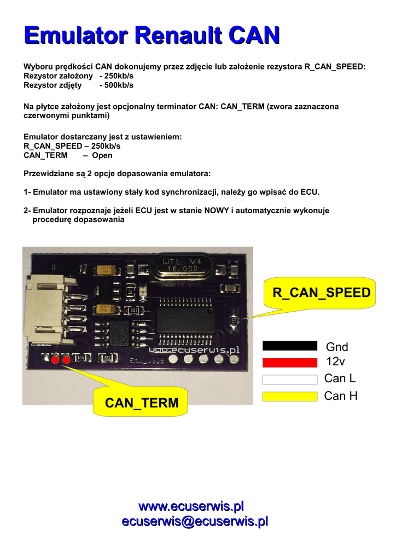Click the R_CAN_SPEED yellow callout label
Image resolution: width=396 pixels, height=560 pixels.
click(x=322, y=293)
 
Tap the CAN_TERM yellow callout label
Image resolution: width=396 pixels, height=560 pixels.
click(x=142, y=403)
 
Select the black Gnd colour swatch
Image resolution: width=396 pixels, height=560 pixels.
click(x=290, y=346)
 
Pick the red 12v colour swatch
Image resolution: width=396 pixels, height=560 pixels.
click(x=290, y=362)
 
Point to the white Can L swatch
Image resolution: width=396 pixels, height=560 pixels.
click(x=290, y=380)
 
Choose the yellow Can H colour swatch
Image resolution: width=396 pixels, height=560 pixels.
click(x=290, y=396)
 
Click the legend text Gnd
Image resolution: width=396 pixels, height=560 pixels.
click(x=337, y=347)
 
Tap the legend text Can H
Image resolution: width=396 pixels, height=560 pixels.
click(x=340, y=396)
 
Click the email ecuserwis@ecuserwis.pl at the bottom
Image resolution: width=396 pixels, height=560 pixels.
click(x=195, y=521)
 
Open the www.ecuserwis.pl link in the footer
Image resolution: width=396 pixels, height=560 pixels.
click(x=191, y=505)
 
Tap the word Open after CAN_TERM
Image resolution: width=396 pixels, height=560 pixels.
click(x=102, y=155)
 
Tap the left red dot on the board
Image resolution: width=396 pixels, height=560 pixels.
click(x=55, y=360)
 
